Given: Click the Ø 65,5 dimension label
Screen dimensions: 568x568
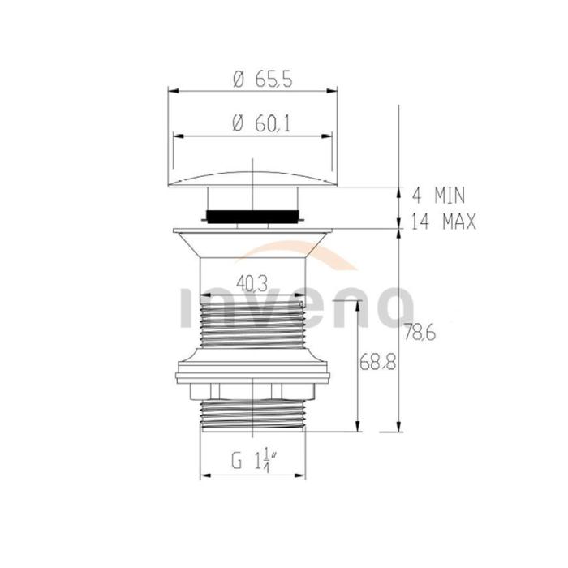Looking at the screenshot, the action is [263, 79].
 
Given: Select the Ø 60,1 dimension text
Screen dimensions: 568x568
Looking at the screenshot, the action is [261, 124].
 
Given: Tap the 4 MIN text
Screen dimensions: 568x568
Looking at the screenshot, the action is [438, 196].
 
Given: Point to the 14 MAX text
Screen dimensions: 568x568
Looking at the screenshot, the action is [443, 221].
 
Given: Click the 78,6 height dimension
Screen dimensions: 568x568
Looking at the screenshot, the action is [420, 332].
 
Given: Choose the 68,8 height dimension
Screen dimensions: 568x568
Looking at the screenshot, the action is [378, 362].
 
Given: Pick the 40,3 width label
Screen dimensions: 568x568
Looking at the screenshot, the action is [252, 283].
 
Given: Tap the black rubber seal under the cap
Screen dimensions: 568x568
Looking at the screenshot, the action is [252, 217].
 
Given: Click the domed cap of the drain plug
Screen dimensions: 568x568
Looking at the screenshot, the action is [252, 179].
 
